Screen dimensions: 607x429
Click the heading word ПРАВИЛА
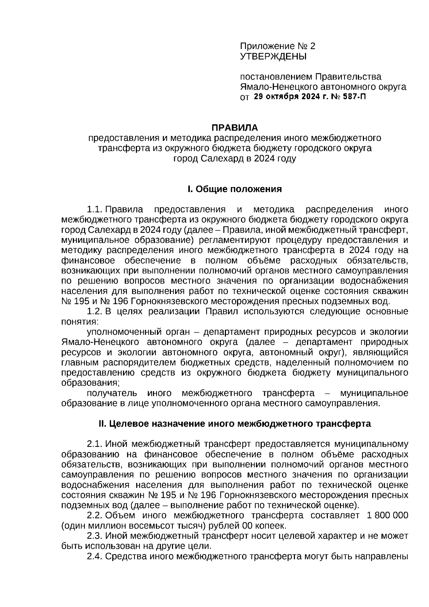(x=235, y=128)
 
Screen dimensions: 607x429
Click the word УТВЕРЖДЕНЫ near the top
(x=273, y=57)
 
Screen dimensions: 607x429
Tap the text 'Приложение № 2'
(x=278, y=46)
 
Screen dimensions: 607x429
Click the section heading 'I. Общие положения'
(x=235, y=189)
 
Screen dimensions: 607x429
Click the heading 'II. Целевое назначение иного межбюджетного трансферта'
(x=235, y=424)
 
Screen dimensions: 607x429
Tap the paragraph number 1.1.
(x=95, y=209)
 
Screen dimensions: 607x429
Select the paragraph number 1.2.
(x=95, y=311)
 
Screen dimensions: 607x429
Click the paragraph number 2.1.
(x=95, y=444)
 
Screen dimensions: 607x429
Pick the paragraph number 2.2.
(x=95, y=515)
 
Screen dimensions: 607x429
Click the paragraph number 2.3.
(x=95, y=536)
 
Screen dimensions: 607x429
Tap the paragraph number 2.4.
(x=95, y=556)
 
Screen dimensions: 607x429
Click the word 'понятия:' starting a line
(x=79, y=322)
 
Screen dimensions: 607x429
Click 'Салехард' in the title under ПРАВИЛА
(x=220, y=158)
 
